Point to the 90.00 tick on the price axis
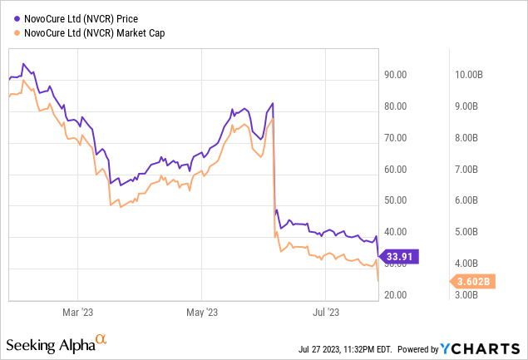[x=396, y=75]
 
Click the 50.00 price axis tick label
[x=396, y=200]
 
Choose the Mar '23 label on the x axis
[x=76, y=313]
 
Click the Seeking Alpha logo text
[x=49, y=344]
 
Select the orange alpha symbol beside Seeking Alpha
[x=101, y=339]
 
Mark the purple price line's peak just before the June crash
[x=273, y=103]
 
